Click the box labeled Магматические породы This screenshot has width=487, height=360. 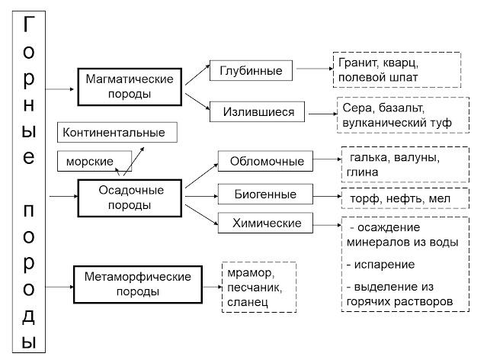point(130,86)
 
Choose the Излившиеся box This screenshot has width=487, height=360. point(258,112)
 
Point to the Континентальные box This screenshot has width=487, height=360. point(115,133)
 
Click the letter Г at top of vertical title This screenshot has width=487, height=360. point(28,25)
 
